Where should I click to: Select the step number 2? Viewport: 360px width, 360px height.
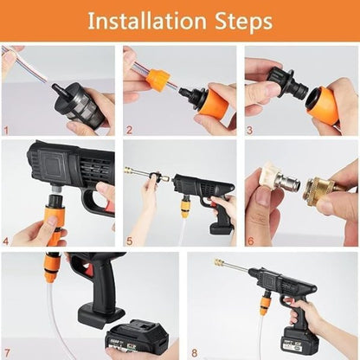coord(129,131)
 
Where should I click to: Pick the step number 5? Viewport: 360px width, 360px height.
coord(129,241)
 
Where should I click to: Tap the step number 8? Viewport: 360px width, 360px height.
coord(191,351)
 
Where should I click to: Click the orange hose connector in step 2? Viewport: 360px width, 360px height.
coord(157,80)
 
